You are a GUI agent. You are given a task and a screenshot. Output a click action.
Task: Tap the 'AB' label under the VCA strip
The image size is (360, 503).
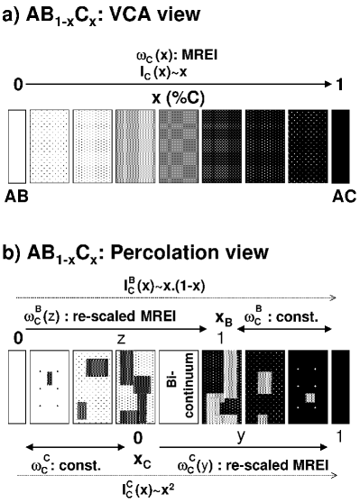click(18, 194)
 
